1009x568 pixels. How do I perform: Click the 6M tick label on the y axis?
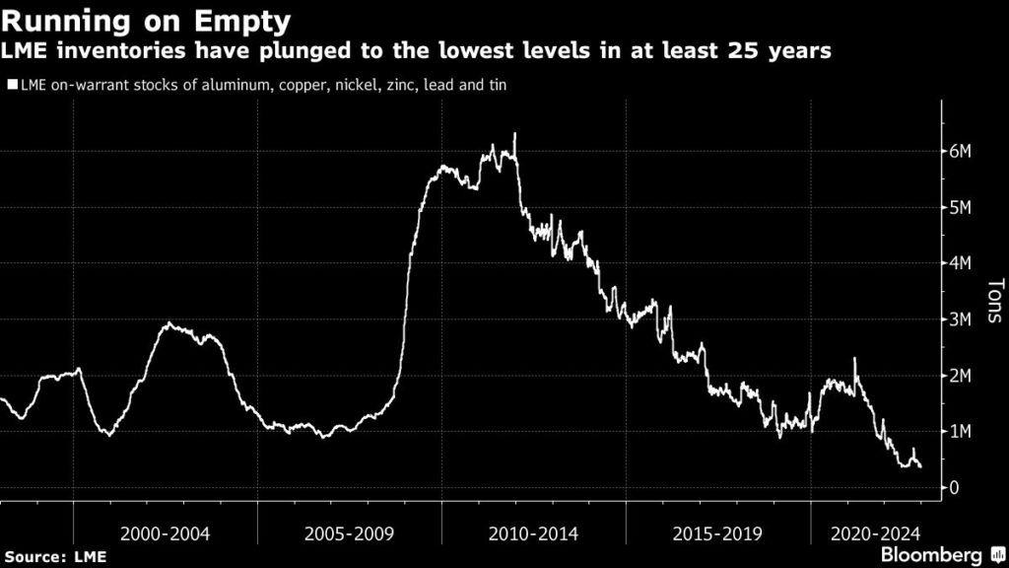tap(961, 151)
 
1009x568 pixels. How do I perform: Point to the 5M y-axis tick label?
tap(961, 207)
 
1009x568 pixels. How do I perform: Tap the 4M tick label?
tap(961, 263)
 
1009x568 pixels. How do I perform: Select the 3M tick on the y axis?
tap(961, 319)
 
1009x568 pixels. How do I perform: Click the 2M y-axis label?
tap(961, 376)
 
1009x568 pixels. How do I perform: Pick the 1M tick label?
tap(961, 432)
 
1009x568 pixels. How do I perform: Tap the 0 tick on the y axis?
tap(954, 488)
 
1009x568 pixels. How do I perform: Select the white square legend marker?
tap(11, 85)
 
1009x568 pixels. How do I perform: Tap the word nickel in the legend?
tap(327, 85)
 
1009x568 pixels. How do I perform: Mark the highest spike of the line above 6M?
tap(515, 134)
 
